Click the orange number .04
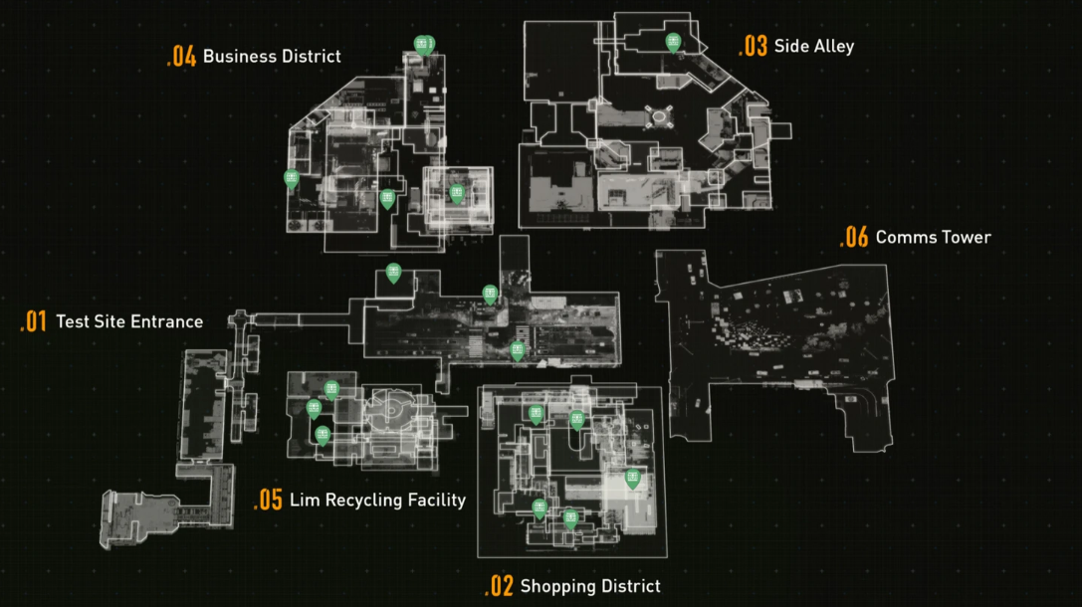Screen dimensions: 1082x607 point(182,57)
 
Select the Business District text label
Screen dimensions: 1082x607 point(272,57)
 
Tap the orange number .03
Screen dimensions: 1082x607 point(754,46)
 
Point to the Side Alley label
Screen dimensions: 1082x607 point(814,46)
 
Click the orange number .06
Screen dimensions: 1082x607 point(854,237)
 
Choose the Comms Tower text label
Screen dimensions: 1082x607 point(933,237)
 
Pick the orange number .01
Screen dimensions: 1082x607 point(34,321)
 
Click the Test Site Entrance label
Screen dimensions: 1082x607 point(129,321)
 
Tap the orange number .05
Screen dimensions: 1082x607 point(269,500)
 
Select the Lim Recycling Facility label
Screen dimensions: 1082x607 point(377,500)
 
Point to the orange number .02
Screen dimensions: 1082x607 point(500,586)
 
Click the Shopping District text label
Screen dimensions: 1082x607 point(590,586)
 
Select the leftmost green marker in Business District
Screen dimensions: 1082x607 point(292,179)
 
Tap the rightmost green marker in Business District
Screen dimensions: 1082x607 point(457,194)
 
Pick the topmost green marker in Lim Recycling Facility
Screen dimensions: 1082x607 point(331,390)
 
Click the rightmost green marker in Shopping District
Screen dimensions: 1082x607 point(633,479)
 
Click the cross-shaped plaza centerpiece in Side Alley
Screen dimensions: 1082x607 point(659,117)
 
